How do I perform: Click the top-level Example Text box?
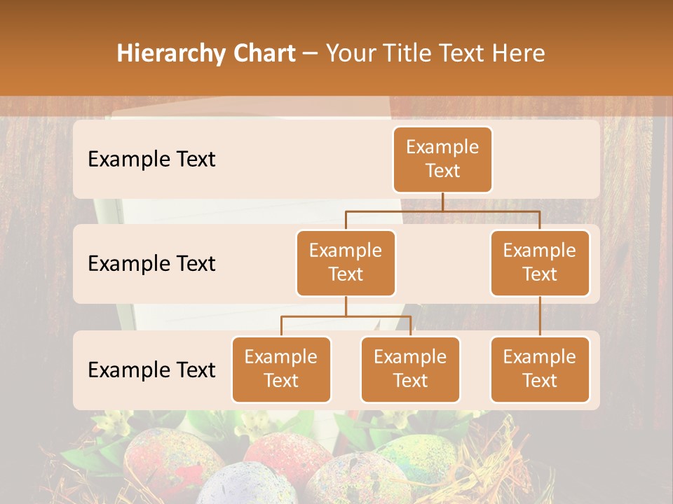click(442, 160)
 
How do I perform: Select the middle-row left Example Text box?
click(346, 262)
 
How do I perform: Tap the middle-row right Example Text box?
click(540, 262)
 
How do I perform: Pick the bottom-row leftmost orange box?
click(281, 369)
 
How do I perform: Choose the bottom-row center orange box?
click(410, 369)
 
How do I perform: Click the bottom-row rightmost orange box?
click(540, 369)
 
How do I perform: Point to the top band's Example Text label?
click(151, 160)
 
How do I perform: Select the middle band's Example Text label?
click(151, 264)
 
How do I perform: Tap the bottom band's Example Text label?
click(151, 370)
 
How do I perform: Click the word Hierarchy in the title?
click(171, 53)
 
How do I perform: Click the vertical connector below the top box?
click(442, 201)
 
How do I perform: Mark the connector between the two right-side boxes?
click(540, 316)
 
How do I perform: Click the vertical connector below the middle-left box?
click(346, 306)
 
